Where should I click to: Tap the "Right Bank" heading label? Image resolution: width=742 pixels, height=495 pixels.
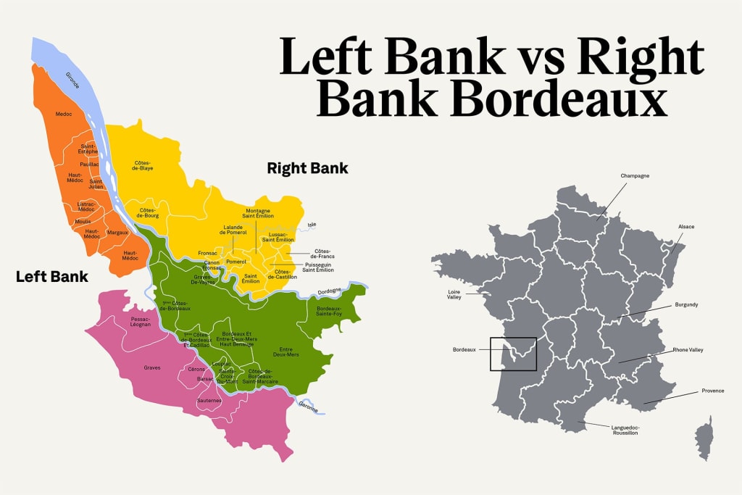307,168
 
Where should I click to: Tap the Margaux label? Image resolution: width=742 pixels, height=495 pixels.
117,233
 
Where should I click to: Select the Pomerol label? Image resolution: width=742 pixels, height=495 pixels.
236,261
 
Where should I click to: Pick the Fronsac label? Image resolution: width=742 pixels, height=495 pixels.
209,253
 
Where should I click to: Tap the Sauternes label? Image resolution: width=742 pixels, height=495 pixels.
209,400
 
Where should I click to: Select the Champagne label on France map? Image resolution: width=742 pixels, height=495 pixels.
635,176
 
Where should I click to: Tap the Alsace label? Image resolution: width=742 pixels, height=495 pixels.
685,227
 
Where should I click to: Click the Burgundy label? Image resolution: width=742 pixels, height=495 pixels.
685,304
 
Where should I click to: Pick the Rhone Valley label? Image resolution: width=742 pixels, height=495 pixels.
687,350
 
